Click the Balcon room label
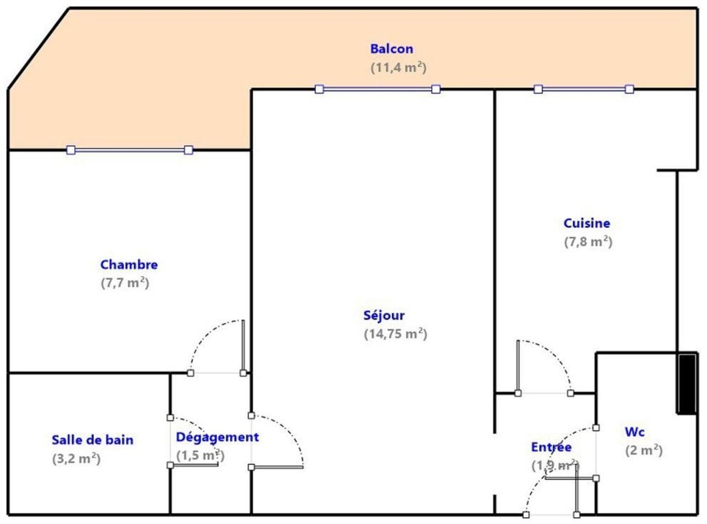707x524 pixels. coord(391,49)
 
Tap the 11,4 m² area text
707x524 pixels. coord(398,68)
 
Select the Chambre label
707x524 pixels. coord(129,265)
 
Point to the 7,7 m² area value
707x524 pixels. coord(125,283)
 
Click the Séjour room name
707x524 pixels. coord(384,315)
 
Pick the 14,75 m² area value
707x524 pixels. coord(395,334)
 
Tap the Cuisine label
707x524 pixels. coord(586,223)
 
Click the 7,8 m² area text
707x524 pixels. coord(588,242)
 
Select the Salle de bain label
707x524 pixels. coord(92,440)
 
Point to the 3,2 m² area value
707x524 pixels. coord(76,458)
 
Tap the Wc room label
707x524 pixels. coord(635,432)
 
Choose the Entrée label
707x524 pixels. coord(551,447)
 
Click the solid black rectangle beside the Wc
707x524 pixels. coord(687,384)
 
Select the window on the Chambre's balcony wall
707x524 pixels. coord(130,150)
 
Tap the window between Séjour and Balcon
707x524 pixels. coord(378,89)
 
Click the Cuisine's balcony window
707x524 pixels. coord(584,89)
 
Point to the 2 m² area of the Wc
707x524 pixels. coord(644,451)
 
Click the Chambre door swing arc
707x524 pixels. coord(207,334)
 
